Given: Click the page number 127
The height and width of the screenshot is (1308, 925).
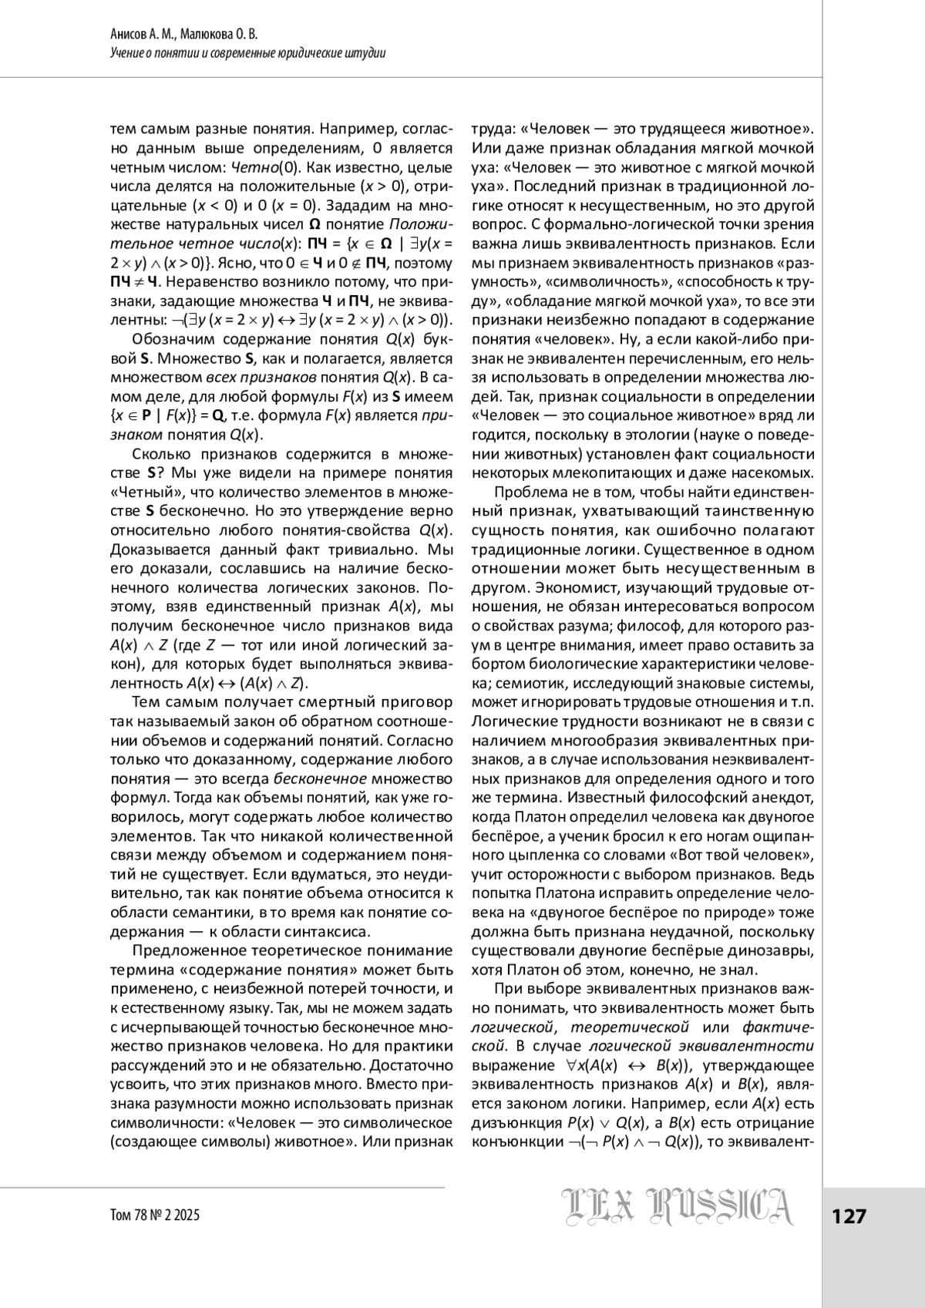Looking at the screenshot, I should click(849, 1216).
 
